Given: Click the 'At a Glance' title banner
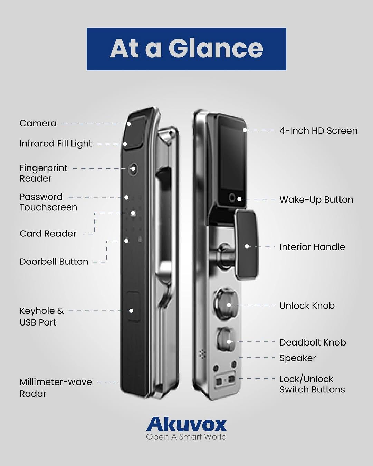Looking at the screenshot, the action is [x=186, y=49].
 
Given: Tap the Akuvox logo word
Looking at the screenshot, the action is [x=186, y=425].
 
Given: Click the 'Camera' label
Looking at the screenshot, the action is [x=38, y=124].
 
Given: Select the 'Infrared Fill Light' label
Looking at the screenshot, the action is [x=56, y=144].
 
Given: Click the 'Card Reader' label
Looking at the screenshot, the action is [x=48, y=234].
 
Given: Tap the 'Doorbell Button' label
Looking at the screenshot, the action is [x=54, y=262].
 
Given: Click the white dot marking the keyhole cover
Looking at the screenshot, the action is [x=131, y=311].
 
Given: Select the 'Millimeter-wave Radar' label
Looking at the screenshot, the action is [x=56, y=388].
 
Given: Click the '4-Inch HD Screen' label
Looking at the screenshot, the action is [x=318, y=131].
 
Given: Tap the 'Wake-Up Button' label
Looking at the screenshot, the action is [x=316, y=200].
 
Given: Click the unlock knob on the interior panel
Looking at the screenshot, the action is [x=227, y=305].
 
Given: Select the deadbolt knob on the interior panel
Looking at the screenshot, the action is [x=226, y=342].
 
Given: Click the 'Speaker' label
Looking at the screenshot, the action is [x=298, y=358].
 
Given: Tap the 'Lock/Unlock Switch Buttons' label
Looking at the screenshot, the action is [x=312, y=384].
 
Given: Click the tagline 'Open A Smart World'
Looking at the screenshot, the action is [x=186, y=437].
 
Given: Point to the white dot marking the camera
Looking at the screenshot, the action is [x=129, y=124].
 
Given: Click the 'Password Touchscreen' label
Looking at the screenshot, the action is [x=48, y=202].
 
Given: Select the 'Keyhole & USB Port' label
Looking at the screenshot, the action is [x=41, y=317].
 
